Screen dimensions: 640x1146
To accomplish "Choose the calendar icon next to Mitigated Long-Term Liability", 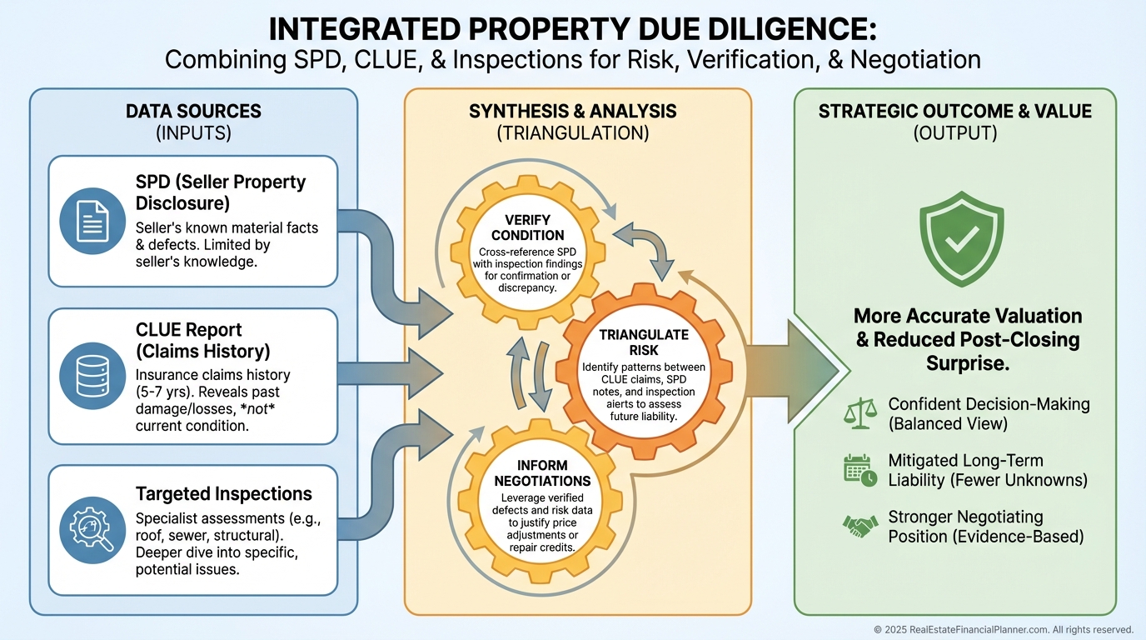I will pyautogui.click(x=859, y=470).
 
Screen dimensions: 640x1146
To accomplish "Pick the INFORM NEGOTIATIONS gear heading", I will pyautogui.click(x=542, y=472).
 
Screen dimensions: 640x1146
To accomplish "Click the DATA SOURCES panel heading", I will pyautogui.click(x=193, y=111).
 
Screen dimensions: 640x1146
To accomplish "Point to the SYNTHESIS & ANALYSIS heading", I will pyautogui.click(x=572, y=111).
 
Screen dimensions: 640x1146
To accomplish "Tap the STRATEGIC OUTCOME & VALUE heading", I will pyautogui.click(x=954, y=111).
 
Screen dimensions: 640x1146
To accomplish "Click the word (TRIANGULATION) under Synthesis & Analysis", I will pyautogui.click(x=572, y=132).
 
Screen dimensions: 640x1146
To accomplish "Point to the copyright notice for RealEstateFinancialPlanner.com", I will pyautogui.click(x=1003, y=629).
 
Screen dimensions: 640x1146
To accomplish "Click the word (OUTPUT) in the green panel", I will pyautogui.click(x=954, y=132).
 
